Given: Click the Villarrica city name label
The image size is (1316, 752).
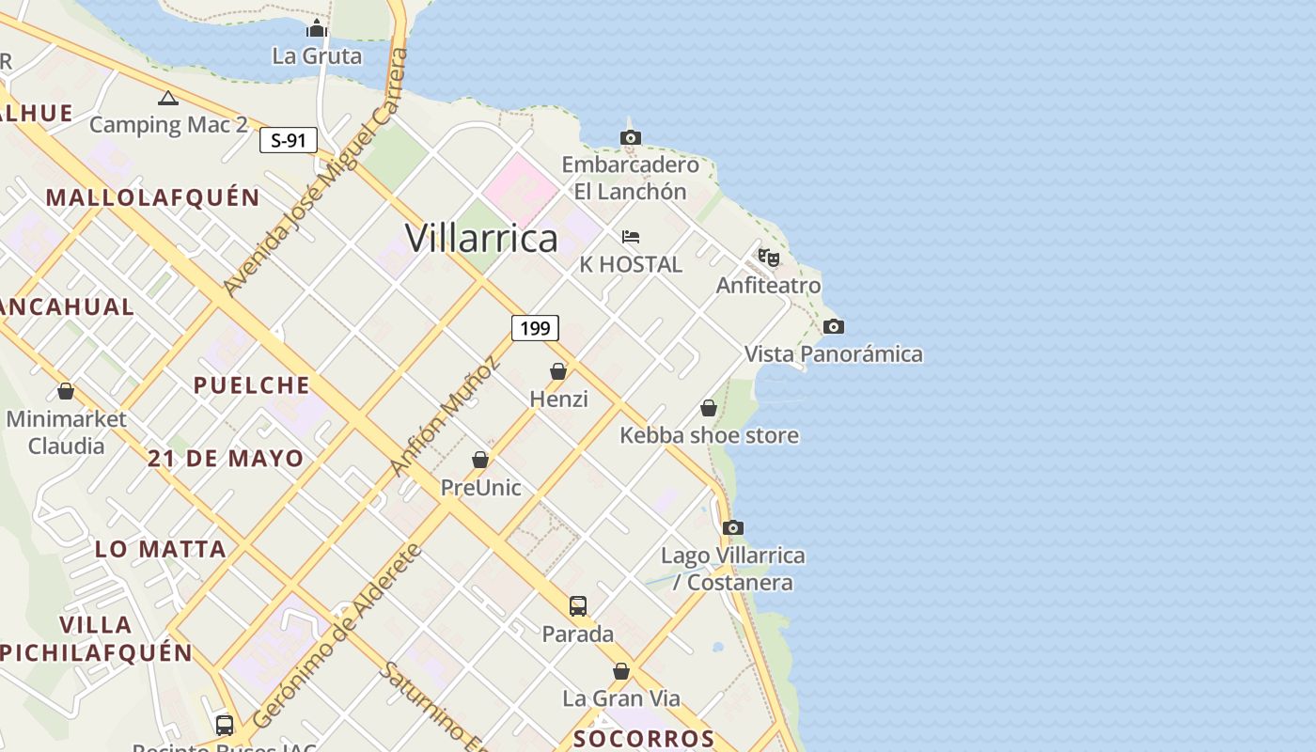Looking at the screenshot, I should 481,238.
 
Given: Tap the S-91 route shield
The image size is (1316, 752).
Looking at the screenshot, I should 289,141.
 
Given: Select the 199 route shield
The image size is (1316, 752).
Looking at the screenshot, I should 535,328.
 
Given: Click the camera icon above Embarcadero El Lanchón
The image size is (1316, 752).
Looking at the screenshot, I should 631,137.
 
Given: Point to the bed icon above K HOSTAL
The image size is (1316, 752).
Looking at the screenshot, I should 631,236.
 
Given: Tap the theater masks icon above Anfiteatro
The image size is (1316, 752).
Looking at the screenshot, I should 769,257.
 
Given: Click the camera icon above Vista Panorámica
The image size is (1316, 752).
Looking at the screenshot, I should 833,326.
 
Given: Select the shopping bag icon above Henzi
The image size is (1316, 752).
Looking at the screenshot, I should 558,371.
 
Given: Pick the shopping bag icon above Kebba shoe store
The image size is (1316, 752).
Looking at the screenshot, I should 709,408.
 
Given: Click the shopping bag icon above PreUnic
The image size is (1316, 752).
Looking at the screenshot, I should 480,460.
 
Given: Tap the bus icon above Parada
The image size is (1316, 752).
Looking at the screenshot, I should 578,606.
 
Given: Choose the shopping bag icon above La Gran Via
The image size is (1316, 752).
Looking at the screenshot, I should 621,671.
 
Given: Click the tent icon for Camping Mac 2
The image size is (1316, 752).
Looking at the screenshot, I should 168,98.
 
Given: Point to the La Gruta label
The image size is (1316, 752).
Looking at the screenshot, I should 317,55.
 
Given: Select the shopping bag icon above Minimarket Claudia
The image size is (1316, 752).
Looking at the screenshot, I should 66,390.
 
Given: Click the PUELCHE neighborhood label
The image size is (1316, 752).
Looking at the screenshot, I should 251,384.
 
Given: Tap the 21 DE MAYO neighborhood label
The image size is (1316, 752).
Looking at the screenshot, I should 226,459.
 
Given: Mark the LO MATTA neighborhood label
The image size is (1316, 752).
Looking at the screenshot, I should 161,549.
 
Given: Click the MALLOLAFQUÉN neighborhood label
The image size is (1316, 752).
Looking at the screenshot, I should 152,197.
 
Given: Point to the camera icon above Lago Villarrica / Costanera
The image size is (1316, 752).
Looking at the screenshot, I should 733,527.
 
